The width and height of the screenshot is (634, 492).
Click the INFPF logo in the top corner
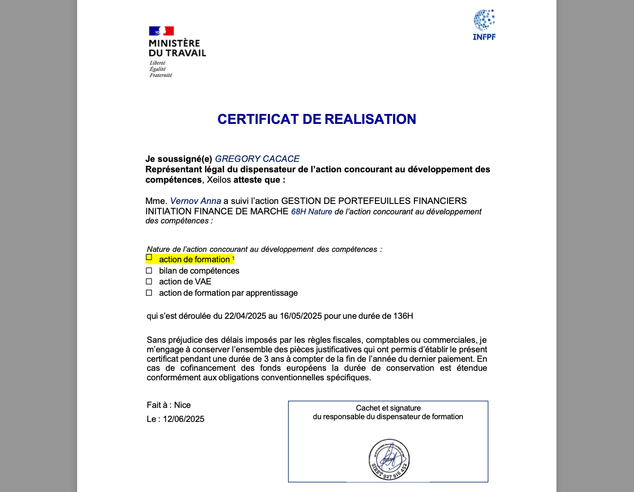(x=484, y=25)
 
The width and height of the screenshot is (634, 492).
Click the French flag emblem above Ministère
(x=162, y=31)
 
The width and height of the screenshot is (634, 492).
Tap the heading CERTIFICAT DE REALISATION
(x=317, y=119)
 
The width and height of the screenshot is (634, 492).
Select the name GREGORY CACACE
(x=257, y=159)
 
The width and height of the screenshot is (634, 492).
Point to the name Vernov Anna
(x=196, y=201)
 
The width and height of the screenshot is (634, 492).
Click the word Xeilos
(x=219, y=180)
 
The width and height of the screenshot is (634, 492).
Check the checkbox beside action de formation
(x=149, y=257)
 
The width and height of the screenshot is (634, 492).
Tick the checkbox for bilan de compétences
(x=149, y=270)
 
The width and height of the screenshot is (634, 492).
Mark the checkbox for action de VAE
(x=149, y=281)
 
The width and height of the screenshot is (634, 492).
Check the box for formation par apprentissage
(x=149, y=293)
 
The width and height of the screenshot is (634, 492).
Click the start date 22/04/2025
(x=245, y=316)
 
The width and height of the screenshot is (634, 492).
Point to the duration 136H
(x=403, y=316)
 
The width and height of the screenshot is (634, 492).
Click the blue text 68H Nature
(x=312, y=212)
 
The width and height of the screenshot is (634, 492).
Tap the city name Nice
(x=183, y=405)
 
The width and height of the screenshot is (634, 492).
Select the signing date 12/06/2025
(x=183, y=419)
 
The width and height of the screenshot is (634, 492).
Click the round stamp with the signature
(x=389, y=459)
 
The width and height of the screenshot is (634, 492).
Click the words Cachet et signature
(x=388, y=408)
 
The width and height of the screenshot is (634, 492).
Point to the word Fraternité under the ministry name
(x=161, y=75)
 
